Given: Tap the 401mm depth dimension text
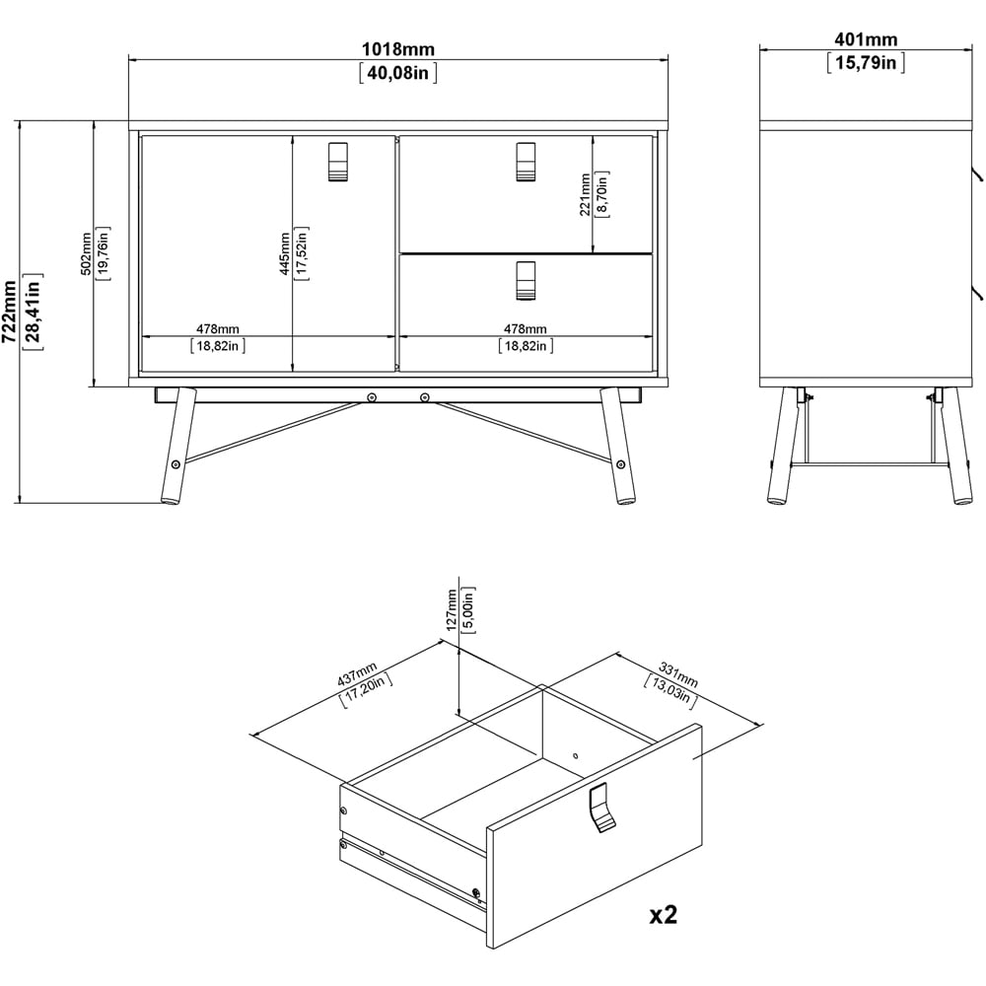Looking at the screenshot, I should (x=866, y=40).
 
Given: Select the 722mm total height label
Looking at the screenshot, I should (x=9, y=311).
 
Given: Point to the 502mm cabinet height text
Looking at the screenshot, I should (x=86, y=254).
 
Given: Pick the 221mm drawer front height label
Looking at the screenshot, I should (x=585, y=193).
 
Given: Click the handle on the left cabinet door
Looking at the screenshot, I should (x=337, y=162).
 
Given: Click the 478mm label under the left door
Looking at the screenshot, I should (x=217, y=328).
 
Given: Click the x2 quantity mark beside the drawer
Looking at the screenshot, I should (x=663, y=915).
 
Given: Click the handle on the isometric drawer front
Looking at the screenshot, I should (x=599, y=808).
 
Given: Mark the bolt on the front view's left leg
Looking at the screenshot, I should (x=176, y=463).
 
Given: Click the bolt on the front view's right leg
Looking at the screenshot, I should (x=619, y=463).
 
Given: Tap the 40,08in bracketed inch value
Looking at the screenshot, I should (x=398, y=72).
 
